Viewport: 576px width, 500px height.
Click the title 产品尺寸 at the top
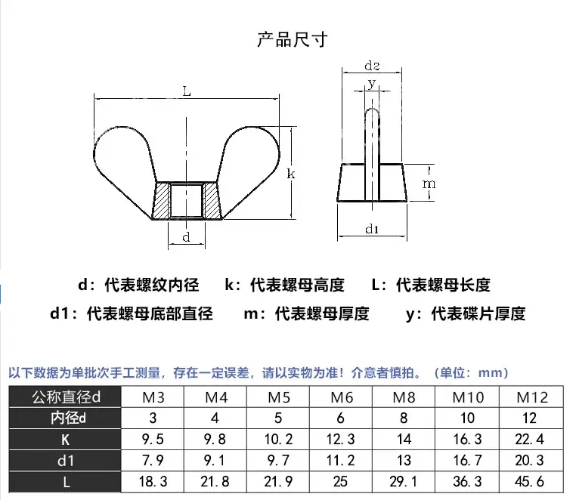click(x=292, y=39)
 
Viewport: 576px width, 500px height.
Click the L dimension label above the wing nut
click(x=187, y=91)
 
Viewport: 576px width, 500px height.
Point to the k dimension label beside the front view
click(x=290, y=174)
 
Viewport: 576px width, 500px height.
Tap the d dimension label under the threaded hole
click(x=186, y=237)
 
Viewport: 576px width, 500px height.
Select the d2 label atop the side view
click(x=372, y=66)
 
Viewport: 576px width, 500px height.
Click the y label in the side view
click(x=372, y=83)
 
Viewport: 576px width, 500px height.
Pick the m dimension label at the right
click(x=429, y=184)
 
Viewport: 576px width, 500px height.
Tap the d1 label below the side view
click(x=372, y=229)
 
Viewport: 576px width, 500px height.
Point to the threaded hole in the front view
click(x=186, y=200)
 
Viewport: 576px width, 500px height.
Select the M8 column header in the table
click(x=404, y=397)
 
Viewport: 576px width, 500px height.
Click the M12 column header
click(x=532, y=397)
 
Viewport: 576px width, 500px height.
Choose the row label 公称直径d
click(x=66, y=397)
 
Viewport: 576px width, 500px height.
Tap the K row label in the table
click(x=66, y=440)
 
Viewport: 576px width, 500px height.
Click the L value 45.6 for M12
click(x=529, y=481)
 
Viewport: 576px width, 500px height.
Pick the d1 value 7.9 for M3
click(x=153, y=461)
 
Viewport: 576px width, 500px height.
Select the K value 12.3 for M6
click(x=340, y=439)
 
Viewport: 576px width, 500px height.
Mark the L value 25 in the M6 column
click(x=340, y=481)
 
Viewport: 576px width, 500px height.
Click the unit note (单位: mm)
click(x=471, y=373)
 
